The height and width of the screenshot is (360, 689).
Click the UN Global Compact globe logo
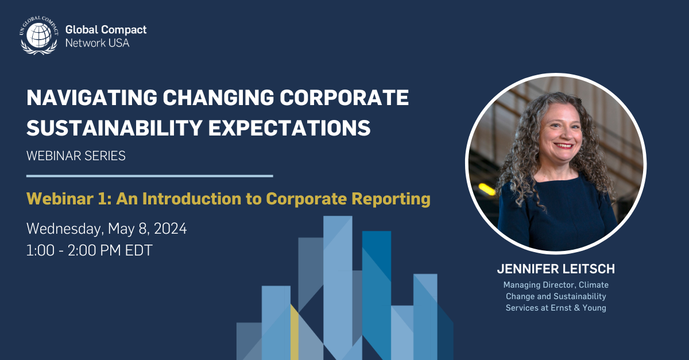(38, 36)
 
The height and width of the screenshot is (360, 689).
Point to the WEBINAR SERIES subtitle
(76, 156)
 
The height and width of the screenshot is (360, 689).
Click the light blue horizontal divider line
(149, 176)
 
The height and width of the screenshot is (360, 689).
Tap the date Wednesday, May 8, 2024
(107, 229)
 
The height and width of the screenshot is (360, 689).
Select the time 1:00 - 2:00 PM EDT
(90, 250)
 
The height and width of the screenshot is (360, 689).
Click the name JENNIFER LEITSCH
(556, 268)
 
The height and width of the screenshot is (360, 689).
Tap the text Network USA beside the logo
(98, 43)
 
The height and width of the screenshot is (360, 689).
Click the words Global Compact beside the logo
(106, 30)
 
